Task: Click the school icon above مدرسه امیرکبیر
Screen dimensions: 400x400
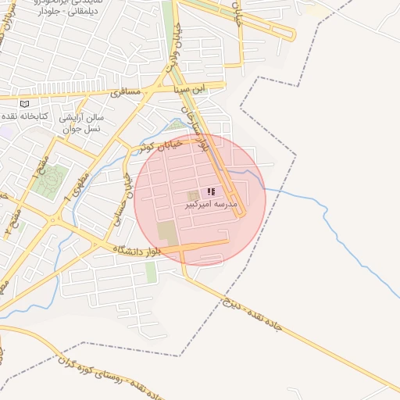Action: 210,191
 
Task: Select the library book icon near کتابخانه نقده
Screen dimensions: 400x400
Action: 24,104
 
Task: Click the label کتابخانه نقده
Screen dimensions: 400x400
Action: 30,116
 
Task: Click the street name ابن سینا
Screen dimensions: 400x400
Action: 192,87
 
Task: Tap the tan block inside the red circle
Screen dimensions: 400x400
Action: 167,231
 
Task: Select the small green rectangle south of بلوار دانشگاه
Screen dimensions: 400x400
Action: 151,271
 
